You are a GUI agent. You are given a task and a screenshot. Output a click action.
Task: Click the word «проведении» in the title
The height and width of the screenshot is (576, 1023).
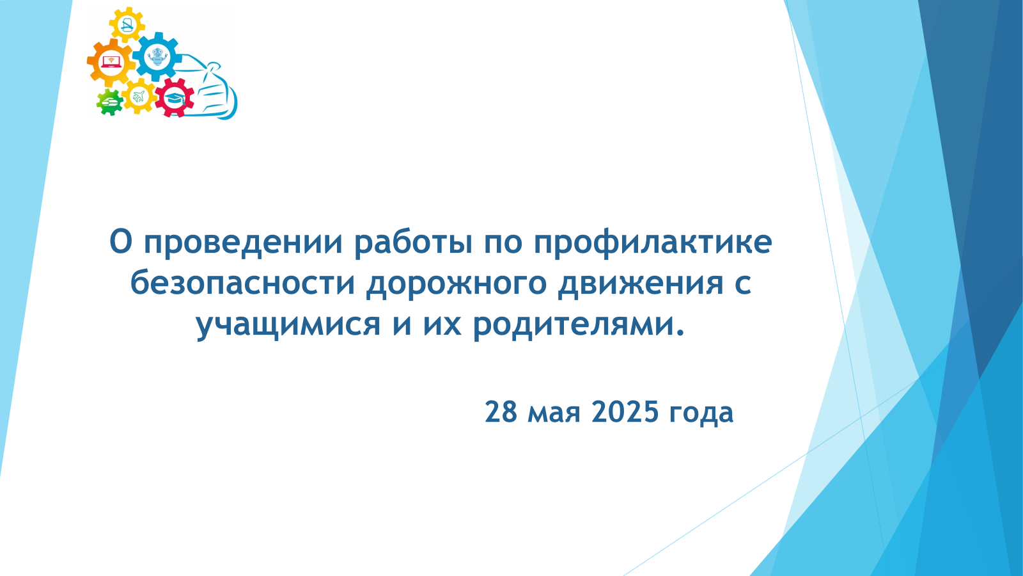pyautogui.click(x=243, y=243)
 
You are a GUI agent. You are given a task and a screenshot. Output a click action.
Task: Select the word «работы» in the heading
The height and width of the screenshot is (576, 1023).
pyautogui.click(x=414, y=243)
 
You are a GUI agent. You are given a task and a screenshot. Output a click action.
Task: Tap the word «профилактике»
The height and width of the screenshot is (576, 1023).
pyautogui.click(x=653, y=243)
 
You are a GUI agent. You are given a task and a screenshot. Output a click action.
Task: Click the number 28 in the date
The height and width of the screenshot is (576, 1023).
pyautogui.click(x=501, y=412)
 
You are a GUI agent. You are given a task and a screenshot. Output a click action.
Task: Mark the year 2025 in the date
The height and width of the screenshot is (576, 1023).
pyautogui.click(x=625, y=412)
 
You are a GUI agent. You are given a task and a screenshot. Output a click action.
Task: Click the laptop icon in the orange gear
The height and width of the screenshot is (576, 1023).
pyautogui.click(x=110, y=62)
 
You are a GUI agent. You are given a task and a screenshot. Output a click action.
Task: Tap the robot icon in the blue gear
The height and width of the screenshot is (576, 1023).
pyautogui.click(x=157, y=57)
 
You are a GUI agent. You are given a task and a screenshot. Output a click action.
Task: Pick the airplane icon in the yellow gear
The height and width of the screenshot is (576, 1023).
pyautogui.click(x=138, y=97)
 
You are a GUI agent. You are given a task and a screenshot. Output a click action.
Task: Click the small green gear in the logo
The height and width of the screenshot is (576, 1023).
pyautogui.click(x=109, y=102)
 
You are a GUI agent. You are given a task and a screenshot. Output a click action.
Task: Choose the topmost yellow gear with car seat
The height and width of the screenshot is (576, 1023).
pyautogui.click(x=127, y=24)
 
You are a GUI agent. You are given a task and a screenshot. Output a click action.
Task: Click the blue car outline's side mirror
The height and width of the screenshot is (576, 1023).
pyautogui.click(x=214, y=68)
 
